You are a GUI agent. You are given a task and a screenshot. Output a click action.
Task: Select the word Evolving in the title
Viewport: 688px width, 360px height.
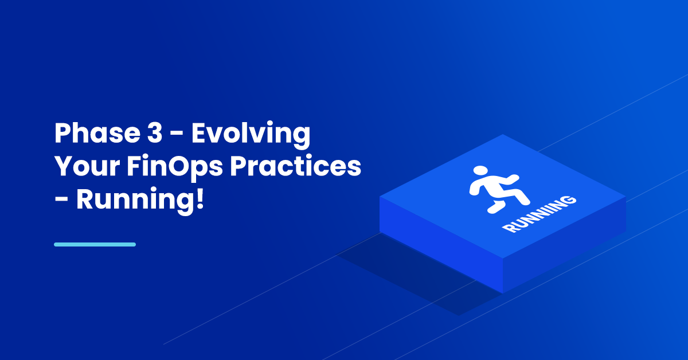pos(251,135)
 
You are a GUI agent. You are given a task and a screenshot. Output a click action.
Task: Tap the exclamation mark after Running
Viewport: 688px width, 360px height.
pos(200,199)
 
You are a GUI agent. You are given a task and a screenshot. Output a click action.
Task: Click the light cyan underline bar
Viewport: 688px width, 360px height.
pos(95,245)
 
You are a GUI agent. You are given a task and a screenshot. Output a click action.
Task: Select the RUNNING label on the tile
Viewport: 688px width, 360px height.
pos(540,214)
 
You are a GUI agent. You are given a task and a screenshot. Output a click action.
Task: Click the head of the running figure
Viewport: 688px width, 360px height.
pos(480,171)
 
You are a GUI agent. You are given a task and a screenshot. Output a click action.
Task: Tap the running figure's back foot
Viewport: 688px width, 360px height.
pos(495,208)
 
